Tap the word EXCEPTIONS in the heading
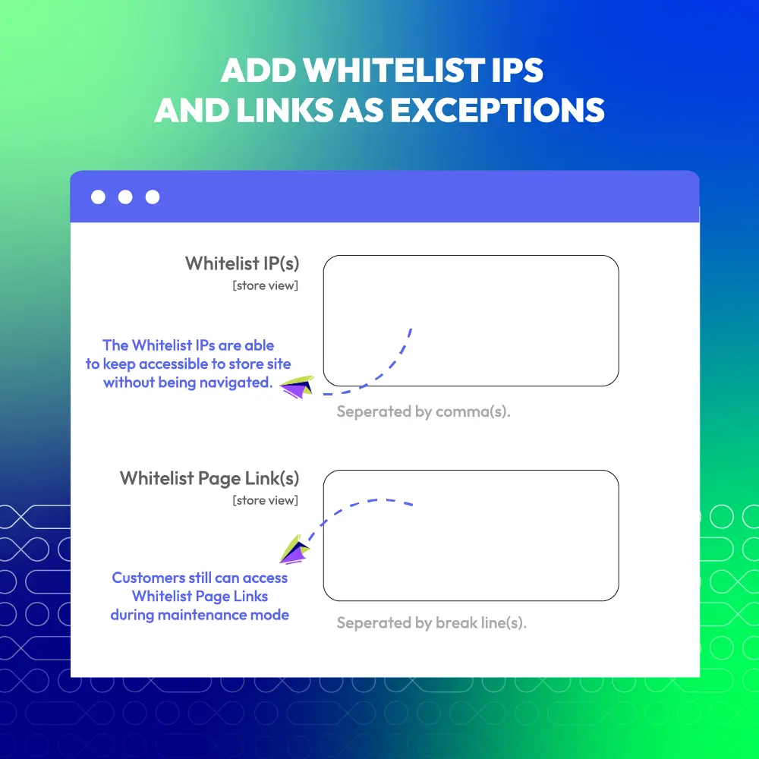tap(497, 110)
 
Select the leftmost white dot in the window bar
tap(98, 197)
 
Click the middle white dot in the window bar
tap(125, 197)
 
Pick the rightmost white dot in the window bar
tap(153, 197)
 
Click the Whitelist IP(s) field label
tap(242, 264)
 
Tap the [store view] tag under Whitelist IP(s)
tap(265, 285)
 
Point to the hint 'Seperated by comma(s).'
tap(424, 411)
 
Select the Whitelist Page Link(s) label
tap(209, 478)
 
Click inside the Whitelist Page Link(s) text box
tap(471, 535)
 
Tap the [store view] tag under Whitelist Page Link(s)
tap(265, 500)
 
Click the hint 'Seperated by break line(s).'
tap(432, 622)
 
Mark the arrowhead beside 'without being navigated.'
tap(298, 387)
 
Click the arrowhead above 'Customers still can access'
tap(294, 550)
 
